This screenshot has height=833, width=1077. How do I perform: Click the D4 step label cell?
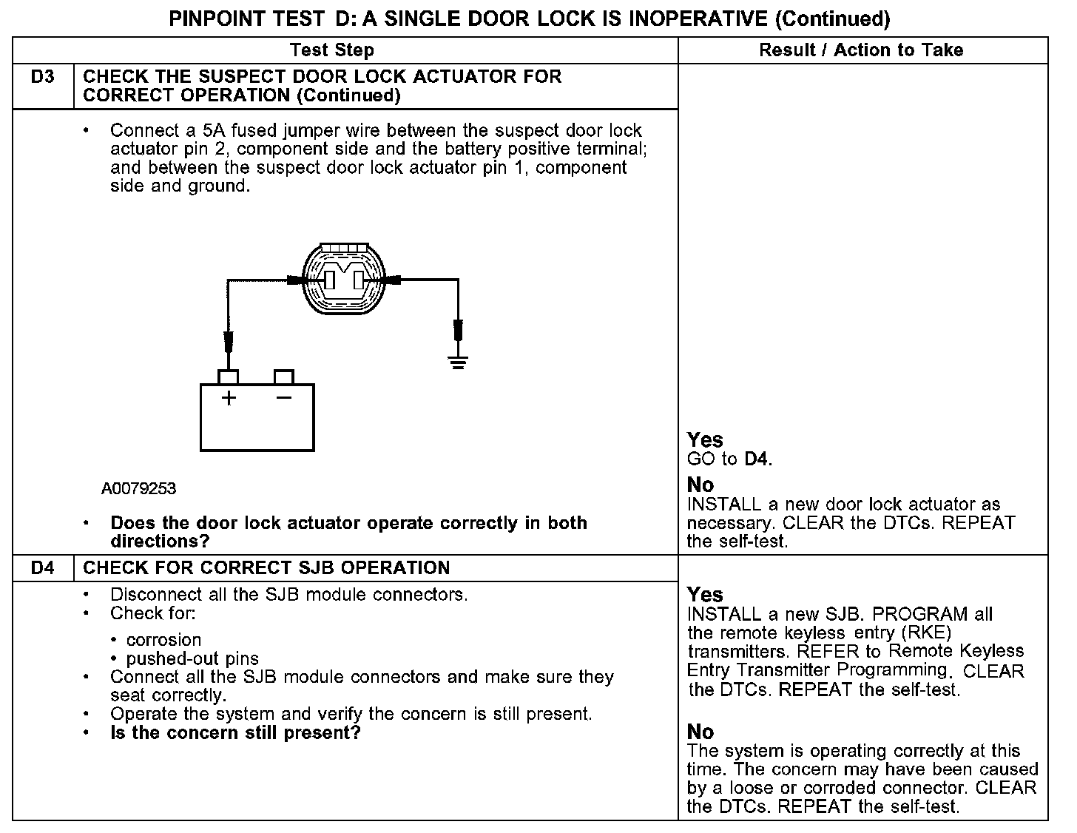click(43, 568)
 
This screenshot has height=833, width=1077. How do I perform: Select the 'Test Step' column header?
click(332, 50)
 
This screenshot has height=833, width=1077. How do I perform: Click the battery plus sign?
click(229, 398)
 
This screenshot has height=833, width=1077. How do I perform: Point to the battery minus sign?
click(283, 398)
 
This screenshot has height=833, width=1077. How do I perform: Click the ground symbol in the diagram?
click(458, 362)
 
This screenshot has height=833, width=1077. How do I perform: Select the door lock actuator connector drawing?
click(344, 280)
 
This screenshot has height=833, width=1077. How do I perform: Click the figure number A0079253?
click(139, 489)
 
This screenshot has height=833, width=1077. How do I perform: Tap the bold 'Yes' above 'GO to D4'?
click(705, 440)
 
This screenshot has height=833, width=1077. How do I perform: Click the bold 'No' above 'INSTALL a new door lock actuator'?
click(700, 485)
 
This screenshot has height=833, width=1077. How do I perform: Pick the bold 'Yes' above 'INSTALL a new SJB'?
click(705, 595)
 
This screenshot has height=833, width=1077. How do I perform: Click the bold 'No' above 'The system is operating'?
click(700, 732)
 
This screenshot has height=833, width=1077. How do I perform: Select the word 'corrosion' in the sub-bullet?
click(163, 640)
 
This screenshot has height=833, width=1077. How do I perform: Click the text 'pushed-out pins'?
click(192, 658)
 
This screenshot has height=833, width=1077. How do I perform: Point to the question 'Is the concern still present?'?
click(235, 733)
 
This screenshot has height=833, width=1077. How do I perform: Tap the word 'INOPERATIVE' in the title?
click(698, 18)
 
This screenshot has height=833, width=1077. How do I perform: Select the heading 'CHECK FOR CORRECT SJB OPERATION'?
click(266, 568)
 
